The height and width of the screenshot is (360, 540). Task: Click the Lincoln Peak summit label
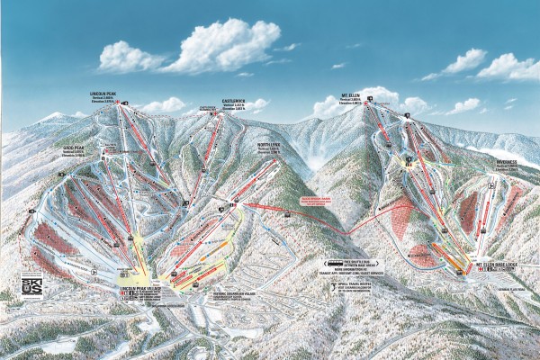coord(104,93)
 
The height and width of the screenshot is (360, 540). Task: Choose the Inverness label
coord(507,164)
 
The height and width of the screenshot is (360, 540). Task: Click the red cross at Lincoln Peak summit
coord(124,103)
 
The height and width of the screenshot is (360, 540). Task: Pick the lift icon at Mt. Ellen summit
coord(407,116)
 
